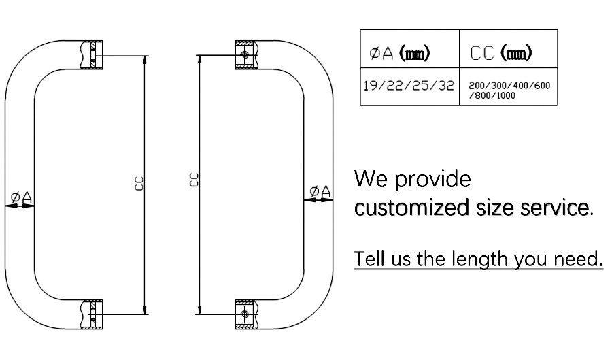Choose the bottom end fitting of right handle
245,314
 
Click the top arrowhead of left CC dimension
146,58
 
